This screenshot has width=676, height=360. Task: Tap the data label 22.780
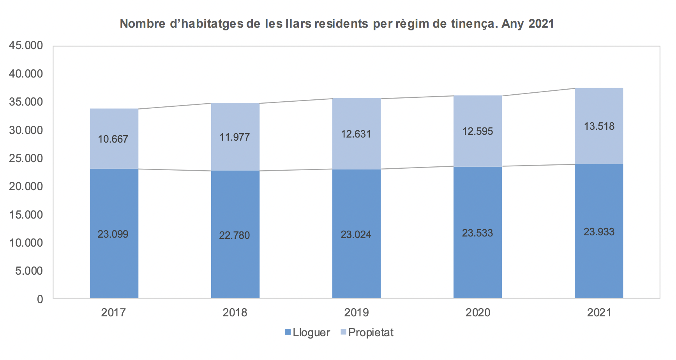tap(234, 235)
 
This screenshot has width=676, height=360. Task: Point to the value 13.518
tap(599, 126)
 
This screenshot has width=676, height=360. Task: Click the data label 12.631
tap(356, 134)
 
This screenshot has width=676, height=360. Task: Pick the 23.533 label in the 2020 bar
tap(477, 233)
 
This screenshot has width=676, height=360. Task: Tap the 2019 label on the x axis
tap(356, 312)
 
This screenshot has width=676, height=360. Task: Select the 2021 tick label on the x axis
tap(599, 312)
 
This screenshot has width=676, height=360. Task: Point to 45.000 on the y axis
tap(26, 46)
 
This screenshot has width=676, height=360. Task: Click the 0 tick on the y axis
tap(40, 299)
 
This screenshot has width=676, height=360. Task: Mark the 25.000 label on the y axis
tap(26, 158)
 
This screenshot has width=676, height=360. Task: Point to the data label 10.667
tap(113, 139)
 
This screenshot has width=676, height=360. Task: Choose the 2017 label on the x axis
tap(113, 312)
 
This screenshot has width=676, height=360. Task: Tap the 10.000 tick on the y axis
tap(26, 243)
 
